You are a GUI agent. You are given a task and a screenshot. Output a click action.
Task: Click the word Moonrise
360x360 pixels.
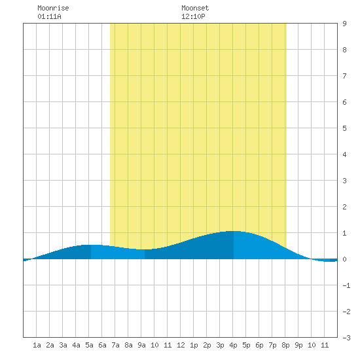tap(53, 8)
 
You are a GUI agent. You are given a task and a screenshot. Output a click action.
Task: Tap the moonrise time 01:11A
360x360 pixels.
tap(49, 16)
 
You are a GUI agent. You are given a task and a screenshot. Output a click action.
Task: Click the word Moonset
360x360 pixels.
tap(195, 8)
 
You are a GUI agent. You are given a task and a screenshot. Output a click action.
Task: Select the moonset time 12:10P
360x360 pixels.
tap(193, 16)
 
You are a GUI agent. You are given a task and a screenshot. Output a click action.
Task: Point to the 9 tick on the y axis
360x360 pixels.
tap(344, 24)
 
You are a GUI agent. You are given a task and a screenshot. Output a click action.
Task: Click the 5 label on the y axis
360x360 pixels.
tap(344, 128)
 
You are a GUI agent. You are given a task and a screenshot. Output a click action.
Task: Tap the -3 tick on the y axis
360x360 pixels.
tap(346, 338)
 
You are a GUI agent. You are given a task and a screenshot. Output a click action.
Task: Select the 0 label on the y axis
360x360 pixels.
tap(344, 259)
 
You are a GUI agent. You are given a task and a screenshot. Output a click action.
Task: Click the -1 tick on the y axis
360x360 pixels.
tap(346, 285)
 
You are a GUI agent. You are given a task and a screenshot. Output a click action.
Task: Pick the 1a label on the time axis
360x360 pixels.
tap(37, 345)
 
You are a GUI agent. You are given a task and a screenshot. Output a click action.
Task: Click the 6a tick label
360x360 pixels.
tap(102, 345)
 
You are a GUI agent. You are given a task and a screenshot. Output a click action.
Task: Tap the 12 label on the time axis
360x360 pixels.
tap(181, 345)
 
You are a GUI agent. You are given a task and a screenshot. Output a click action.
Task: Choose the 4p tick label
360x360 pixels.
tap(233, 345)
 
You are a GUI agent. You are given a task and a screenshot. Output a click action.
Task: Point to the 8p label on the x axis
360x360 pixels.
tap(285, 345)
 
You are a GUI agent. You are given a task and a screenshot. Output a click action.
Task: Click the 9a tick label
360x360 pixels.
tap(141, 345)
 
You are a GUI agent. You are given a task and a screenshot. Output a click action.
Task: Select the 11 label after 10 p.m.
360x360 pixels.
tap(325, 345)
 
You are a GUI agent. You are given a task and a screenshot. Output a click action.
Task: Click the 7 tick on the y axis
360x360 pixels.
tap(344, 76)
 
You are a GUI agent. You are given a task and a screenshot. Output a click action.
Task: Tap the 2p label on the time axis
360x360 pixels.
tap(207, 345)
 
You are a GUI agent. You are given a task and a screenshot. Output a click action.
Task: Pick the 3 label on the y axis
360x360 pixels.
tap(344, 181)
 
